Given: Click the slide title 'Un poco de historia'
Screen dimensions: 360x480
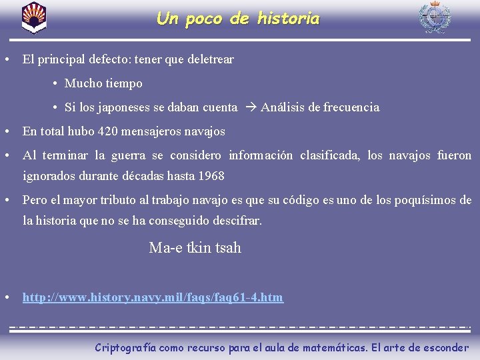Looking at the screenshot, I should pyautogui.click(x=238, y=19).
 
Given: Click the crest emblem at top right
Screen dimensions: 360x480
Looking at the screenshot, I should pyautogui.click(x=434, y=17).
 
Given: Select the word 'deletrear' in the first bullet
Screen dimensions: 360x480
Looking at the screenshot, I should pyautogui.click(x=211, y=59).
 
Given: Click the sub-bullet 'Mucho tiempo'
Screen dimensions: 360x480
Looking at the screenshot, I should pyautogui.click(x=103, y=83).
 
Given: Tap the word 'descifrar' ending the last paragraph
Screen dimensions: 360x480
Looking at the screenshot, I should pyautogui.click(x=237, y=220).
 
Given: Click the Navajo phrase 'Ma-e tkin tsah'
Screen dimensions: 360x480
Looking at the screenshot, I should pyautogui.click(x=195, y=248).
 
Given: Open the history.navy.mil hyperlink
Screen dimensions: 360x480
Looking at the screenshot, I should pyautogui.click(x=153, y=297).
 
